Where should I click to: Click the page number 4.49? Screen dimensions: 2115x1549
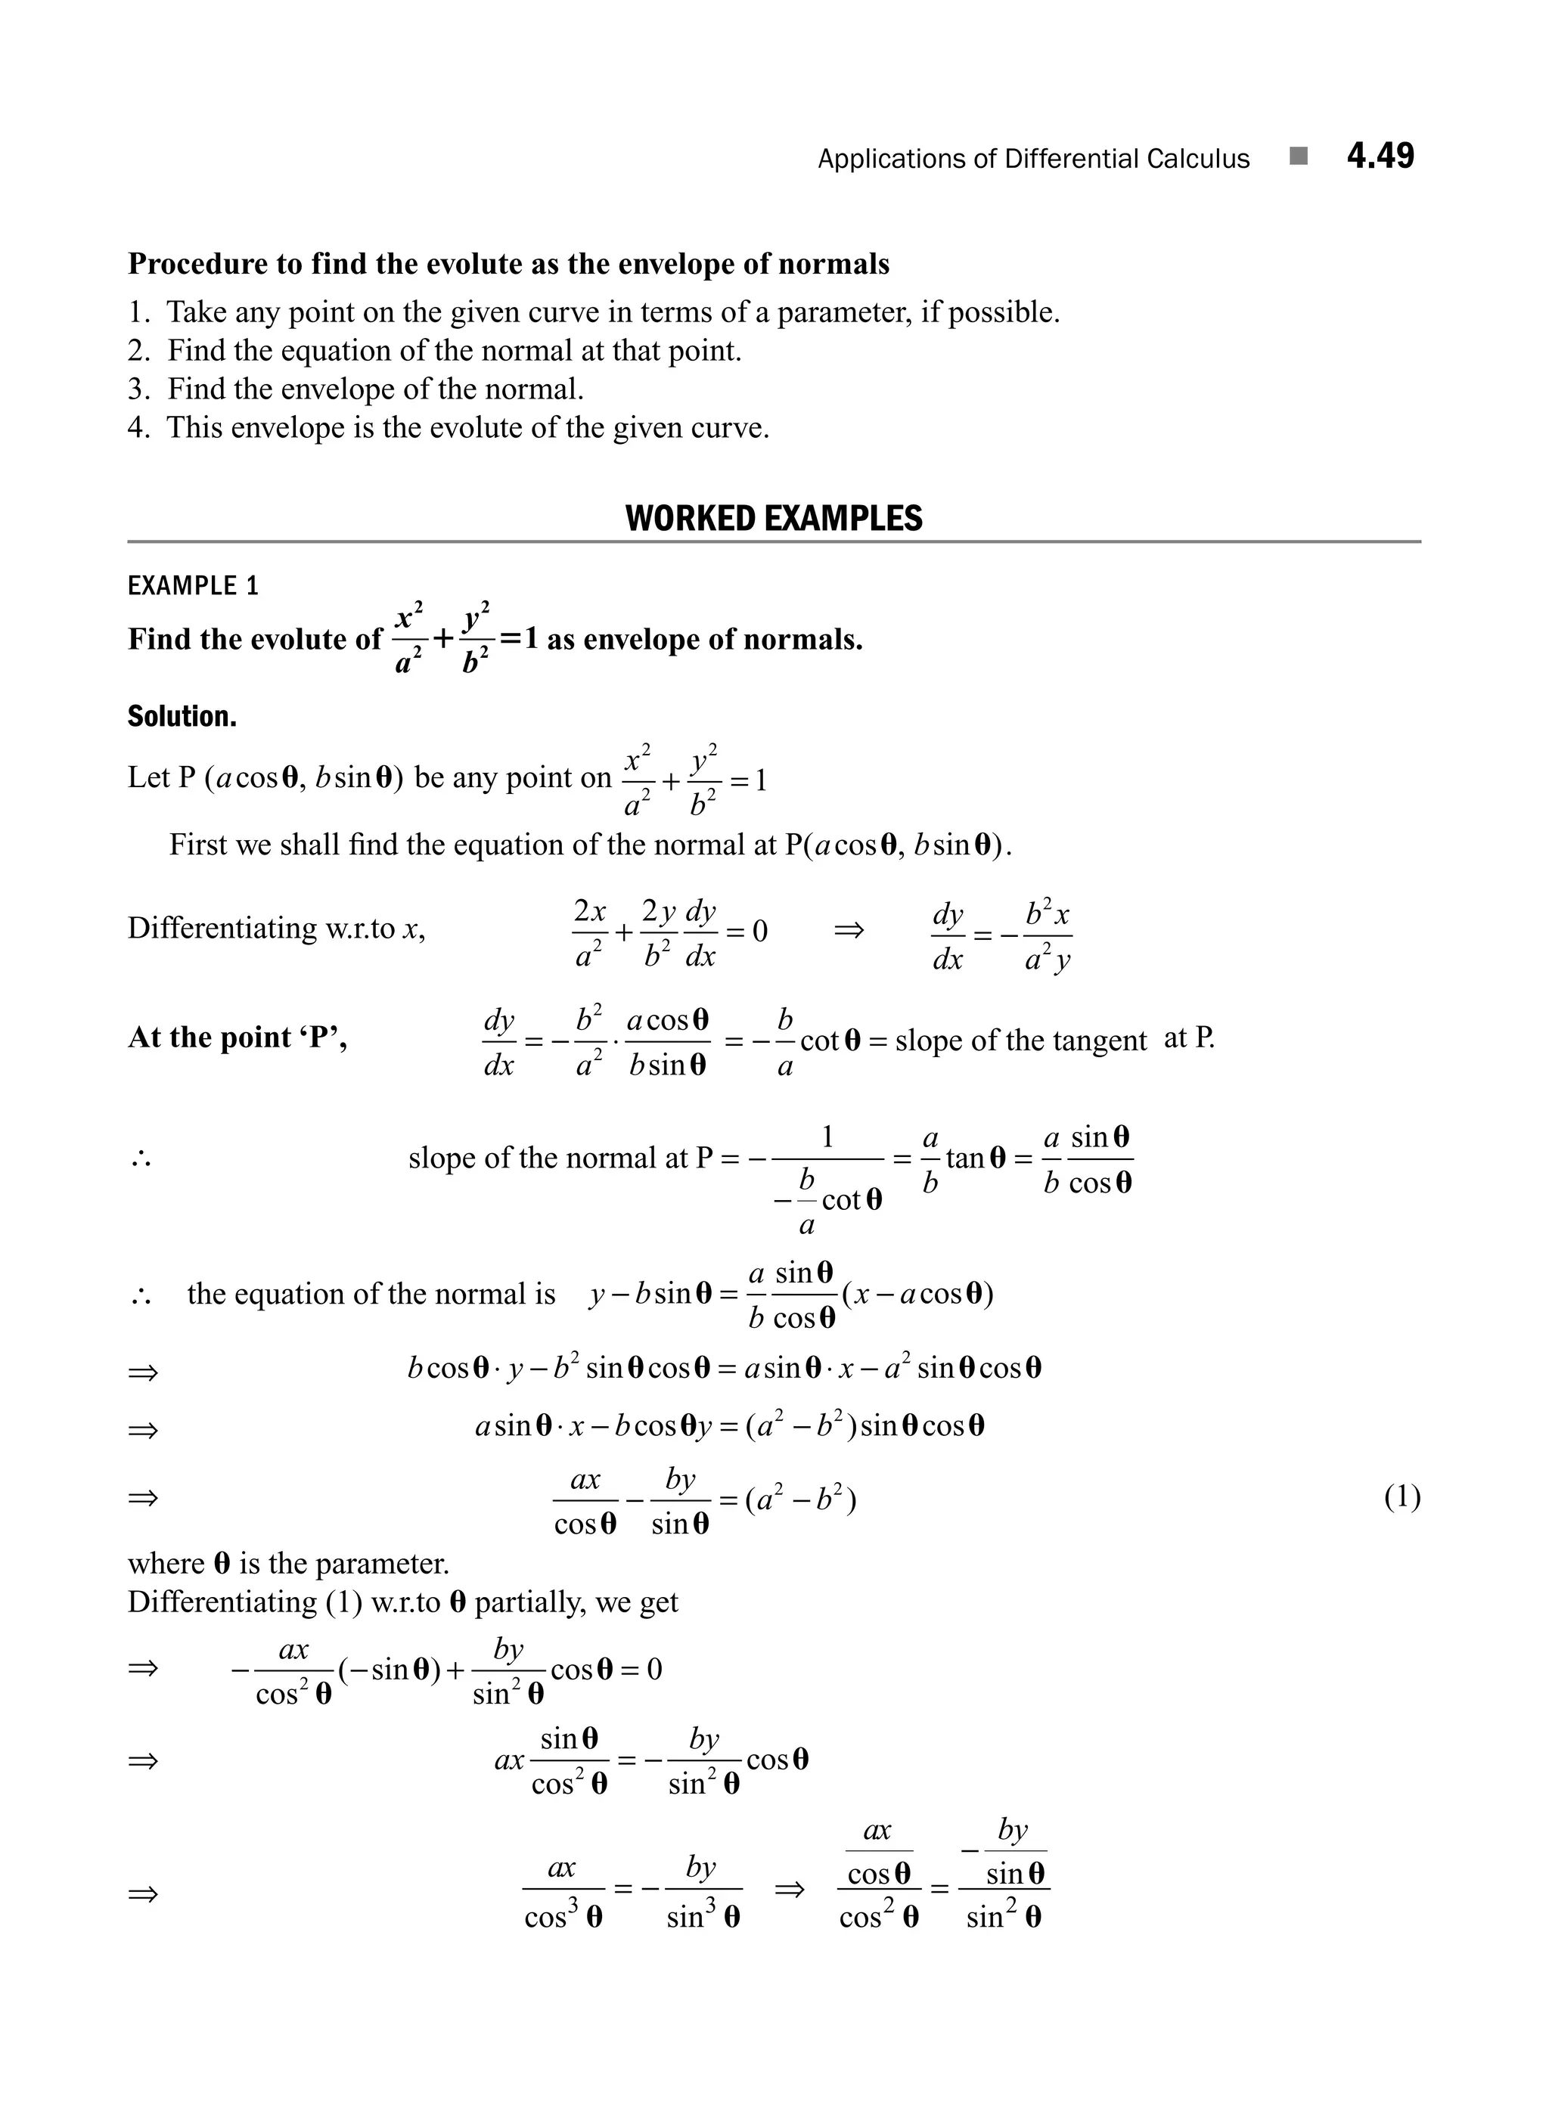point(1380,156)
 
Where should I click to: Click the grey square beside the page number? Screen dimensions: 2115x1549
point(1299,157)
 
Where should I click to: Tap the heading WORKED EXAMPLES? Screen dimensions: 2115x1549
point(774,519)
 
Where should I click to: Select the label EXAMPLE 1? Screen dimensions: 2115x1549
point(193,586)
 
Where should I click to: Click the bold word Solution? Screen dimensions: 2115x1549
point(182,717)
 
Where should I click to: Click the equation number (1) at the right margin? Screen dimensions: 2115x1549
point(1402,1497)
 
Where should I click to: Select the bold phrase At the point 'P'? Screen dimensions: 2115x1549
point(237,1037)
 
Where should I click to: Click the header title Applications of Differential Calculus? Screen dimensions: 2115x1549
point(1033,160)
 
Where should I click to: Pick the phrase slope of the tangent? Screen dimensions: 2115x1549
point(1020,1040)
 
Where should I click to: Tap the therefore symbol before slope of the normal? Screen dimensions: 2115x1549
point(141,1161)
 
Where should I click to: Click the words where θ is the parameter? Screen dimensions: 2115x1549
point(288,1564)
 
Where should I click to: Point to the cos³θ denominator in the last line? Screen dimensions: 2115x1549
point(563,1917)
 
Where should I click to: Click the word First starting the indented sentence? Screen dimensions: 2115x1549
point(197,845)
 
